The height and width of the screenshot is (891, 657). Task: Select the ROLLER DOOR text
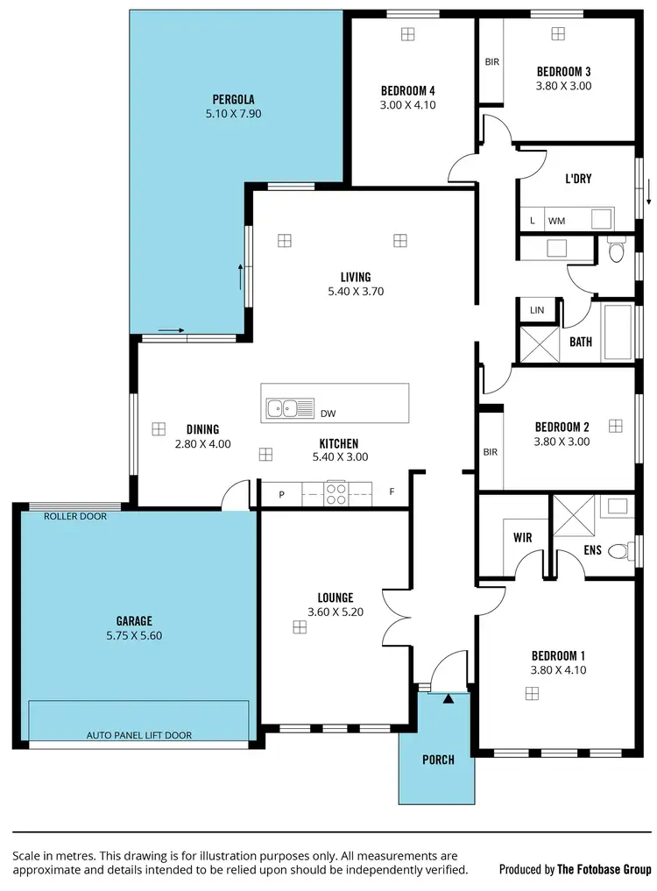pyautogui.click(x=75, y=517)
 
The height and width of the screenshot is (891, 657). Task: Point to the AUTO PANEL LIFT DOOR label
pyautogui.click(x=138, y=735)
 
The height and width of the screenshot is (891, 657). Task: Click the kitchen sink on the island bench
pyautogui.click(x=290, y=407)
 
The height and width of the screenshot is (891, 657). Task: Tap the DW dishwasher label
pyautogui.click(x=328, y=413)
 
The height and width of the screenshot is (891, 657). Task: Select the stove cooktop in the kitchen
pyautogui.click(x=336, y=494)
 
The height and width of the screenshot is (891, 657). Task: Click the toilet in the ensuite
pyautogui.click(x=619, y=552)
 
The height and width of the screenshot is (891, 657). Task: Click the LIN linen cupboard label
pyautogui.click(x=537, y=309)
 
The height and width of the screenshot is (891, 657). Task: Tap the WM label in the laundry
pyautogui.click(x=556, y=221)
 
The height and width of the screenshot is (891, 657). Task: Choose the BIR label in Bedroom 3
pyautogui.click(x=491, y=62)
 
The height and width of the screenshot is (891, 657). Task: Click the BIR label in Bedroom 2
pyautogui.click(x=490, y=452)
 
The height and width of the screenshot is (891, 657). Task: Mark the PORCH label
pyautogui.click(x=438, y=760)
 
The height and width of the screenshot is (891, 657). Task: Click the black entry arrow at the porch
pyautogui.click(x=449, y=699)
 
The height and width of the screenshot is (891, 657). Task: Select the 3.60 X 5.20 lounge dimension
pyautogui.click(x=336, y=612)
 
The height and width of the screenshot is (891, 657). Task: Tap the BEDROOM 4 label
pyautogui.click(x=408, y=90)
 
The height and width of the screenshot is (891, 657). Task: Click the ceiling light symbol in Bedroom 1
pyautogui.click(x=532, y=693)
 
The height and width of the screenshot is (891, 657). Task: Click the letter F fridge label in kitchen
pyautogui.click(x=392, y=492)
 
